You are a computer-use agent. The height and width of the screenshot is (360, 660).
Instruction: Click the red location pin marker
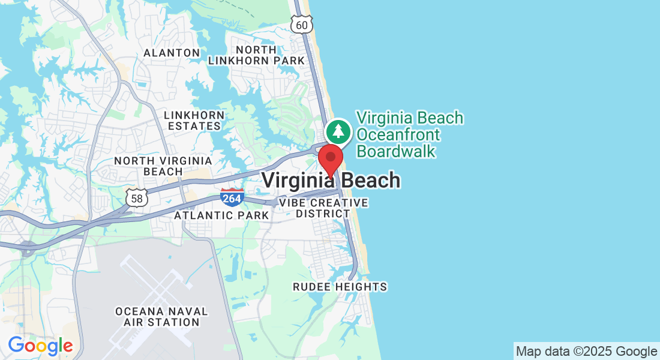click(330, 158)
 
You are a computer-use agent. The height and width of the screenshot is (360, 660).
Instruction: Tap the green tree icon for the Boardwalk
click(339, 131)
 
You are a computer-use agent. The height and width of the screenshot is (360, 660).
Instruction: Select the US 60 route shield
click(301, 23)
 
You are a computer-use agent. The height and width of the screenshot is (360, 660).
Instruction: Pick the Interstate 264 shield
click(232, 197)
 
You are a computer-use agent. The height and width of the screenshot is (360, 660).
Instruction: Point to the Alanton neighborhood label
click(172, 53)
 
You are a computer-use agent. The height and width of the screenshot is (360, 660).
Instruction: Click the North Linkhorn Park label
click(257, 55)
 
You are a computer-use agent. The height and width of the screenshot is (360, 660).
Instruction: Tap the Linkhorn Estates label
click(194, 121)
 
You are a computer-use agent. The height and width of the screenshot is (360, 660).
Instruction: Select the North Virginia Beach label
click(163, 166)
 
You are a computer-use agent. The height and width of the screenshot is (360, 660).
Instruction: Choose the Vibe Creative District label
click(323, 208)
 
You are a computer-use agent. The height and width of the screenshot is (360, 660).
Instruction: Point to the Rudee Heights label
click(340, 287)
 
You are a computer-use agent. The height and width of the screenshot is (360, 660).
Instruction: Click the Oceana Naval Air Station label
click(161, 317)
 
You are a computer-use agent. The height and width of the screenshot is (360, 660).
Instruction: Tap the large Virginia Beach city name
click(331, 180)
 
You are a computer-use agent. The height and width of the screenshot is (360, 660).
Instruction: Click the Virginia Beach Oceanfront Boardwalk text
click(410, 134)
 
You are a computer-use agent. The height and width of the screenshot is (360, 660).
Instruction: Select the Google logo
click(40, 346)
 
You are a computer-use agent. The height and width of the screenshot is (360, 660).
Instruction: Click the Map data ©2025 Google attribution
click(586, 352)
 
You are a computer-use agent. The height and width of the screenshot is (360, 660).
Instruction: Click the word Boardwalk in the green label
click(396, 151)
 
